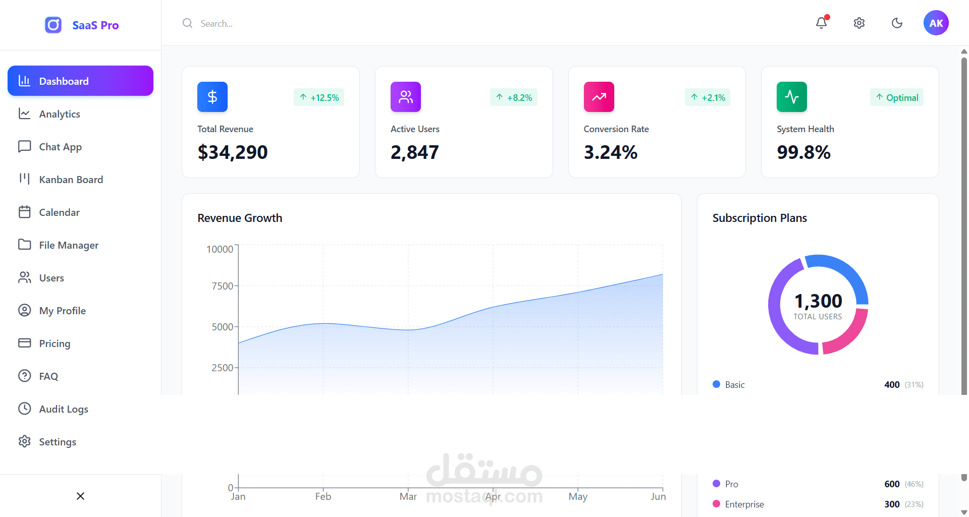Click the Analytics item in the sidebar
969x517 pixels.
(x=60, y=114)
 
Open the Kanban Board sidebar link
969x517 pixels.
(x=71, y=180)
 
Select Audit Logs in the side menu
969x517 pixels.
(x=64, y=409)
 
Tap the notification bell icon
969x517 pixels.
(x=822, y=23)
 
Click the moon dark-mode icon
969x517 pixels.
(x=897, y=23)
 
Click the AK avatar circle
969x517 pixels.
(x=936, y=23)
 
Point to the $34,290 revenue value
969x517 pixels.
(x=233, y=152)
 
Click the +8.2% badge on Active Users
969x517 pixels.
(x=514, y=97)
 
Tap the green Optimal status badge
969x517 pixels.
(x=897, y=97)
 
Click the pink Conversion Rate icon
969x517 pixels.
(x=599, y=97)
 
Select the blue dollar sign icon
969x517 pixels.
(x=212, y=97)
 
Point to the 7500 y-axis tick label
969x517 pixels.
(x=222, y=286)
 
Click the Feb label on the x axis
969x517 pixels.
(x=323, y=496)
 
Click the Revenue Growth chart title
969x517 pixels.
(x=240, y=218)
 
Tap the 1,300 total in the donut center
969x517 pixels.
(x=818, y=301)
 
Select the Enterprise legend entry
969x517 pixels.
(x=744, y=504)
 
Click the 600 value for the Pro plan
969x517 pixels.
(x=892, y=484)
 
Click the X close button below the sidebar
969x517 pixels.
(x=80, y=496)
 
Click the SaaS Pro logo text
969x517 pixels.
(x=95, y=25)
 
